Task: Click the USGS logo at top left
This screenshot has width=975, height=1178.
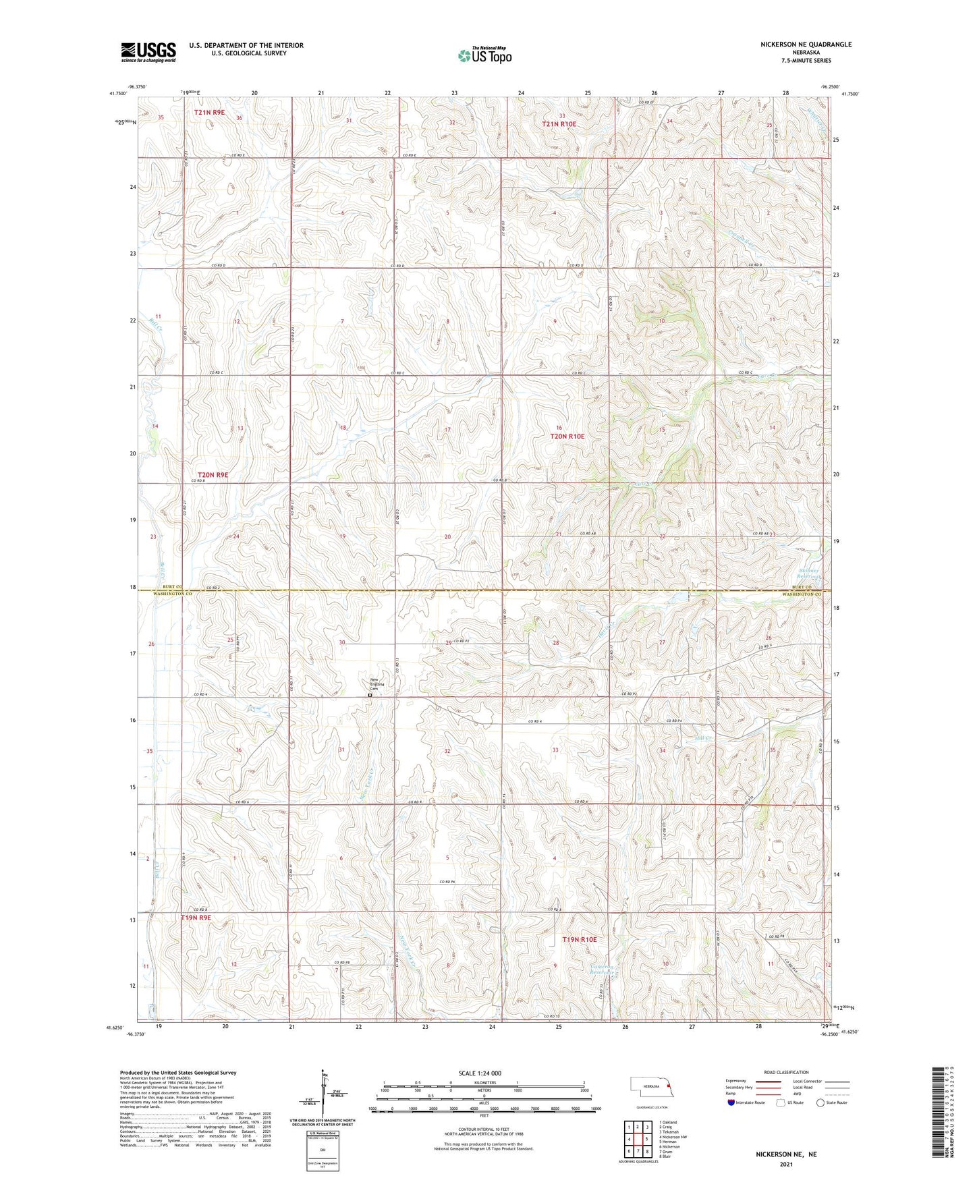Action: point(148,51)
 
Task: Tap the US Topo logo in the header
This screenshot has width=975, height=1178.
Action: point(484,55)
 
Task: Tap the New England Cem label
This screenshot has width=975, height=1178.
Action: point(377,683)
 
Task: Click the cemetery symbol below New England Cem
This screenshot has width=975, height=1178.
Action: point(370,695)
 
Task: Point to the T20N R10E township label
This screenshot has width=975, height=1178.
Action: point(567,437)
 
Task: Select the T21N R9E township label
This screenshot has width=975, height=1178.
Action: point(209,113)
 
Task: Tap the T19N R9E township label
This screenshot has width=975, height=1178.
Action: point(196,918)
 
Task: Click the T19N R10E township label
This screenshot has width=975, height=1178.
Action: point(580,939)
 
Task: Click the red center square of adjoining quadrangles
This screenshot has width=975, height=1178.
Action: point(638,1140)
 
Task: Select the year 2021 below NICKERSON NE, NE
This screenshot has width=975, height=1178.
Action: point(786,1165)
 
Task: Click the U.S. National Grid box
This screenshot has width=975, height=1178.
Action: point(322,1147)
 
